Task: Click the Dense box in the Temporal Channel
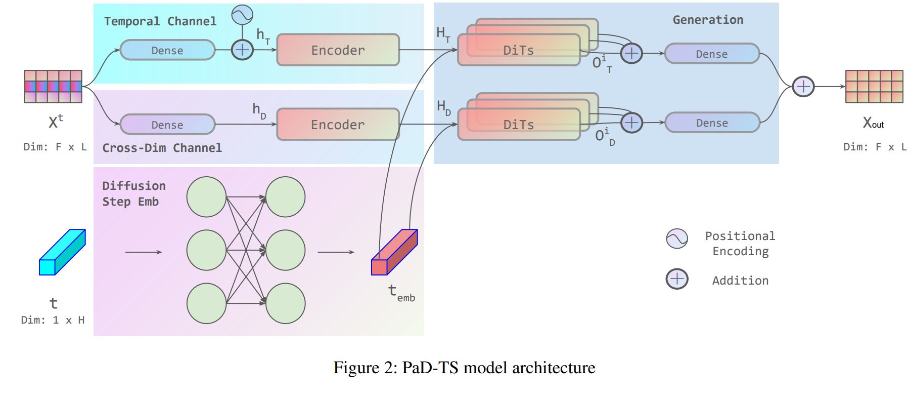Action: pyautogui.click(x=167, y=50)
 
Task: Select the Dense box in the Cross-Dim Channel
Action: pyautogui.click(x=167, y=125)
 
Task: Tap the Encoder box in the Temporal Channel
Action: pyautogui.click(x=338, y=50)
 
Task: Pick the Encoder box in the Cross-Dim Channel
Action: pyautogui.click(x=338, y=125)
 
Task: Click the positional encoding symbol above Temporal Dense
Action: pyautogui.click(x=242, y=15)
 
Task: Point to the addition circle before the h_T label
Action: pyautogui.click(x=242, y=50)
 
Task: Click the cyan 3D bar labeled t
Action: pyautogui.click(x=62, y=252)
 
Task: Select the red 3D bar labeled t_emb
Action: pyautogui.click(x=394, y=252)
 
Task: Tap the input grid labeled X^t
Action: pyautogui.click(x=53, y=87)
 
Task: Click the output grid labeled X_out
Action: pyautogui.click(x=874, y=87)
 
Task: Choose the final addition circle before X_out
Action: pyautogui.click(x=803, y=86)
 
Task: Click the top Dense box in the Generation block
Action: pyautogui.click(x=712, y=54)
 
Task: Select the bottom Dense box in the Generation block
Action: pyautogui.click(x=712, y=123)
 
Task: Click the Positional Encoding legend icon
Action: pyautogui.click(x=677, y=238)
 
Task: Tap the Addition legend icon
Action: pyautogui.click(x=677, y=279)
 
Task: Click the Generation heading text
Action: pyautogui.click(x=708, y=20)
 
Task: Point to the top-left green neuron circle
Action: pyautogui.click(x=206, y=196)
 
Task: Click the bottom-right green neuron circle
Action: pyautogui.click(x=285, y=303)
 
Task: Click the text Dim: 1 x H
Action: pyautogui.click(x=53, y=320)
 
